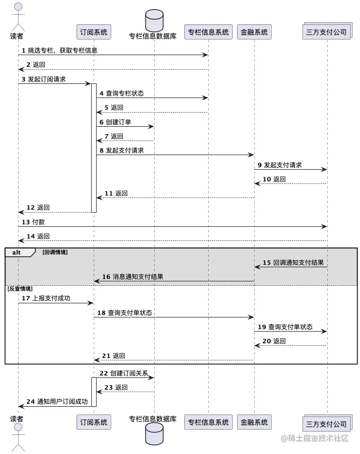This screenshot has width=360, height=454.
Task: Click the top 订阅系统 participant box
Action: pos(94,32)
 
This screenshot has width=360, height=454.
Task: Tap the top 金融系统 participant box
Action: pos(254,32)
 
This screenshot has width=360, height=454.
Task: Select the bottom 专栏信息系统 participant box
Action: pos(208,422)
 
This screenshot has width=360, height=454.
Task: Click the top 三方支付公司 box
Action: pos(327,32)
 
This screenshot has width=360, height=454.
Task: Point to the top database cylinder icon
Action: pos(154,20)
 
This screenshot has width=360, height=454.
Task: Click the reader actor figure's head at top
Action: pos(18,7)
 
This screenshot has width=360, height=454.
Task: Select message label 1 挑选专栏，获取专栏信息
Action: pos(60,50)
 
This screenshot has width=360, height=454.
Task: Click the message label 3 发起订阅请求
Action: pos(43,79)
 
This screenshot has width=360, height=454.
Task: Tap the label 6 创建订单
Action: pos(115,122)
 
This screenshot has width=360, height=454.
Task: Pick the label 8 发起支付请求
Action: pos(121,151)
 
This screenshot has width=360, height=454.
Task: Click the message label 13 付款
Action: pos(33,222)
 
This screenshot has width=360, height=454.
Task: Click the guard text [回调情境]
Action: pos(55,252)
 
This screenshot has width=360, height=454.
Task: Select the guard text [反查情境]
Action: pos(20,289)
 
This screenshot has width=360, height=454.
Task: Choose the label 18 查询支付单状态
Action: pos(124,313)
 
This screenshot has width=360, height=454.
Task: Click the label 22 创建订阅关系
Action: pos(123,373)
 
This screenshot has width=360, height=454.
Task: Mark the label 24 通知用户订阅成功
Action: pos(57,402)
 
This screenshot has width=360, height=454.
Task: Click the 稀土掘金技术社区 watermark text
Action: pos(315,438)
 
